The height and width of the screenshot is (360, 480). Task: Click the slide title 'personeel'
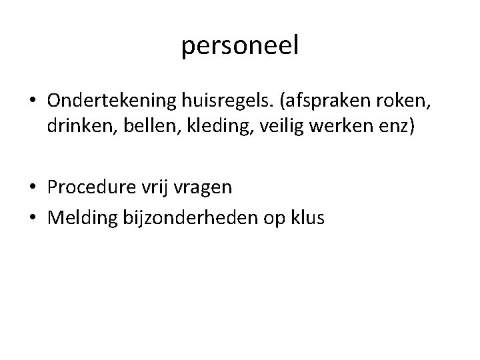point(240,46)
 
